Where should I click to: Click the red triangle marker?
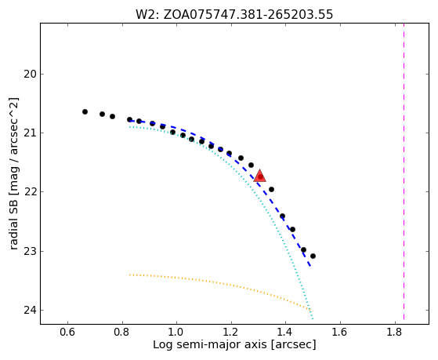tap(260, 176)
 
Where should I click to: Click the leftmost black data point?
tap(85, 111)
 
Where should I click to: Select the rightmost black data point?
tap(313, 256)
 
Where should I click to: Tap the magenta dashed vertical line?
tap(404, 171)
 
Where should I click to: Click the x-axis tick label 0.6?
tap(67, 333)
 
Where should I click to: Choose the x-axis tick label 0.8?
tap(122, 333)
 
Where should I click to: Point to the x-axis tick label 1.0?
tap(176, 333)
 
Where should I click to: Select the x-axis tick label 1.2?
tap(231, 333)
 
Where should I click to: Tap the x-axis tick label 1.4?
tap(285, 333)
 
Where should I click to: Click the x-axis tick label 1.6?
tap(340, 333)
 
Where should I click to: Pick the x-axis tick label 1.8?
tap(394, 333)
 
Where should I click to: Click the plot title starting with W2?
tap(234, 14)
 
